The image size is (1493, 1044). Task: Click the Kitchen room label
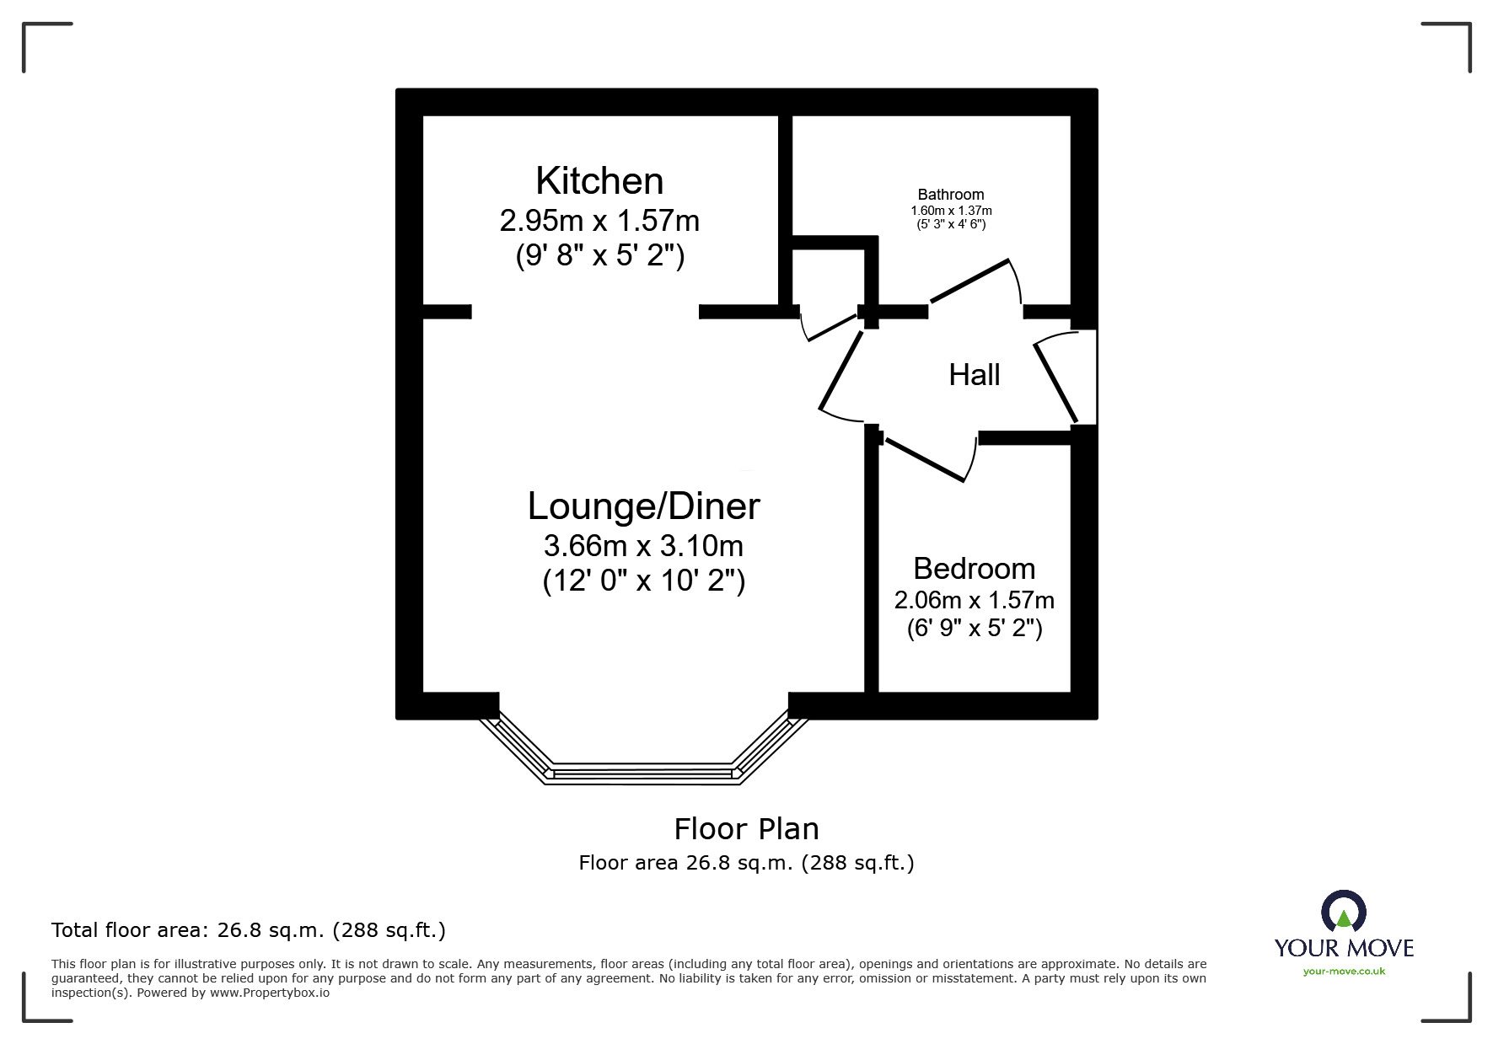click(x=599, y=181)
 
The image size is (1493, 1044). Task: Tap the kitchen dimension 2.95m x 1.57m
click(x=599, y=221)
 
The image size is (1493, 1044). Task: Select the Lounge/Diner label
click(x=643, y=506)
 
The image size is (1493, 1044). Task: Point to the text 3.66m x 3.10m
click(x=643, y=546)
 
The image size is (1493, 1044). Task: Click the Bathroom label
click(x=951, y=195)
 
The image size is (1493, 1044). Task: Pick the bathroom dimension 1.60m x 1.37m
click(x=951, y=211)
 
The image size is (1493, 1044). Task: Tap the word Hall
click(x=974, y=375)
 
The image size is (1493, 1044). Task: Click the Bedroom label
click(x=974, y=569)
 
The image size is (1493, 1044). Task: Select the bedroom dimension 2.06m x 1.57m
click(x=974, y=600)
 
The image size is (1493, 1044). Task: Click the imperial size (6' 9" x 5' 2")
click(x=974, y=629)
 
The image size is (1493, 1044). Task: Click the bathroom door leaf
click(x=969, y=281)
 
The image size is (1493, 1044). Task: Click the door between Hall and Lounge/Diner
click(x=840, y=371)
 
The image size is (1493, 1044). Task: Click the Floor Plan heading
click(x=746, y=829)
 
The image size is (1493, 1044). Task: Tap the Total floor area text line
click(x=248, y=930)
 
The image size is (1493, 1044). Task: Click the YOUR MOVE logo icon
click(x=1343, y=912)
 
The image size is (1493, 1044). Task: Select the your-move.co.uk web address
click(x=1344, y=972)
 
